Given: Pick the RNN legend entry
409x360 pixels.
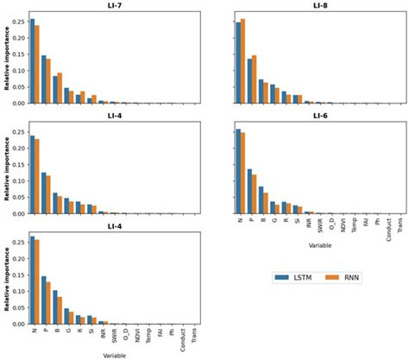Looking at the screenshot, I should (348, 277).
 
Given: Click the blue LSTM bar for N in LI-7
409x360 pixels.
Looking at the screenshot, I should (32, 60).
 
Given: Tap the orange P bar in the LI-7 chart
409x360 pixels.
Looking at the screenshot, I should (48, 81).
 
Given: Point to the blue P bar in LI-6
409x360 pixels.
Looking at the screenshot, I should (249, 192).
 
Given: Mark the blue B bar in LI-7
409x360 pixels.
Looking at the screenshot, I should (55, 90).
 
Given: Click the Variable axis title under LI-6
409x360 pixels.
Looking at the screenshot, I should (319, 247).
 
